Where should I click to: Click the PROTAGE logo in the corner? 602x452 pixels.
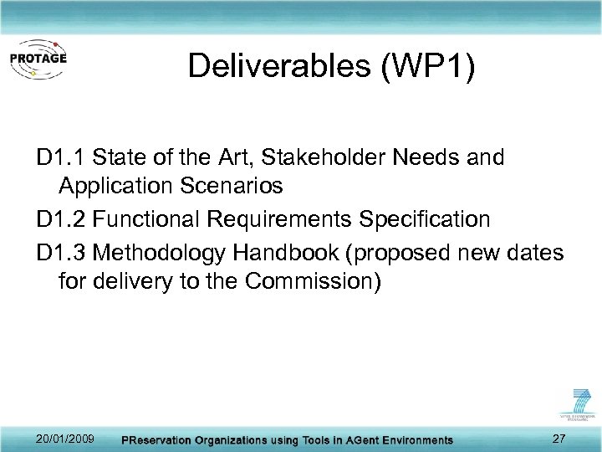[x=38, y=59]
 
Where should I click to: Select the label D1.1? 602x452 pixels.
[x=62, y=157]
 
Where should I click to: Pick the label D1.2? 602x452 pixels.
[x=62, y=220]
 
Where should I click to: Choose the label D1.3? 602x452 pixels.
[x=62, y=252]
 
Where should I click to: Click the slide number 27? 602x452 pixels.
[x=560, y=439]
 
